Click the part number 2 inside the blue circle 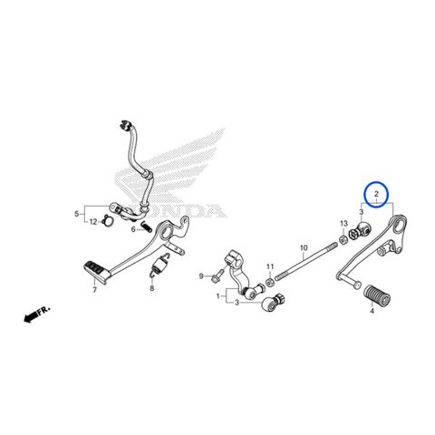point(376,194)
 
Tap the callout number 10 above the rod point(304,247)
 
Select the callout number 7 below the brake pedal point(95,290)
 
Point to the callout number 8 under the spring point(152,288)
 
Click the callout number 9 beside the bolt point(201,276)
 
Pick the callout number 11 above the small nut point(270,266)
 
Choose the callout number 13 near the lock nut point(344,224)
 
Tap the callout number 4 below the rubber point(372,311)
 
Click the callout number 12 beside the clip point(93,222)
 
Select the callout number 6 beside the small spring point(133,229)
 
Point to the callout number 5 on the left point(77,214)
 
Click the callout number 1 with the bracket point(218,296)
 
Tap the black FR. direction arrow point(34,315)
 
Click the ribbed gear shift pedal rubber point(376,295)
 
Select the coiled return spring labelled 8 point(159,265)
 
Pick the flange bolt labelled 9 point(217,275)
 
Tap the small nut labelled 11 point(269,283)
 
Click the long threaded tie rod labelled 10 point(305,262)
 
